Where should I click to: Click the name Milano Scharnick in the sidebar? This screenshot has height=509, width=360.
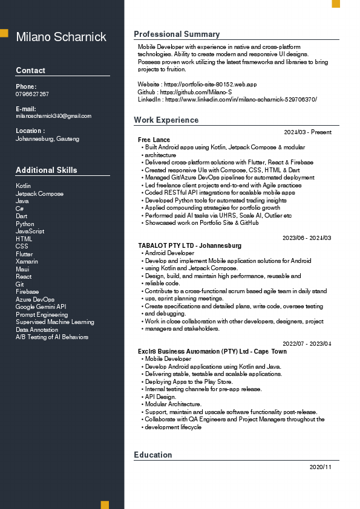pos(61,37)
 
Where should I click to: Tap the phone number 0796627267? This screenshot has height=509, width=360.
pos(32,94)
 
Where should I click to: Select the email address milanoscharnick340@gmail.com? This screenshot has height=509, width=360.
pos(53,116)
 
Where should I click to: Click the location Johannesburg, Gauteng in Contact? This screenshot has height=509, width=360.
pos(47,139)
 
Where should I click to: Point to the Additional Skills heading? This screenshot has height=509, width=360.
pos(47,170)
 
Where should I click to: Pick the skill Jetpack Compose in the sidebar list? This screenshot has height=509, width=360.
pos(39,193)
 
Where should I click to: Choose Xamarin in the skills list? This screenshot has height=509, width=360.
pos(27,261)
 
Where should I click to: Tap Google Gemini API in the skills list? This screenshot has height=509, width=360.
pos(41,306)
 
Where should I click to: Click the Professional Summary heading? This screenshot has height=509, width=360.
pos(177,34)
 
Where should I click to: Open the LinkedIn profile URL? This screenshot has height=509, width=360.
pos(240,99)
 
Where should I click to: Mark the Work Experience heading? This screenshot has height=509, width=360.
pos(166,120)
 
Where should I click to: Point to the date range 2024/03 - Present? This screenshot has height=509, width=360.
pos(307,132)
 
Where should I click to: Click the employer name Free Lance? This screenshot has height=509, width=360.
pos(154,140)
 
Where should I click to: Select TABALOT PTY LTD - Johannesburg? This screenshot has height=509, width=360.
pos(189,245)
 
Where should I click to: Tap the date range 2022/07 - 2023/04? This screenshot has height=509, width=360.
pos(307,343)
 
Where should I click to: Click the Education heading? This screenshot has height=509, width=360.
pos(153,455)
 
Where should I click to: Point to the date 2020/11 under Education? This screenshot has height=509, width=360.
pos(320,467)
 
